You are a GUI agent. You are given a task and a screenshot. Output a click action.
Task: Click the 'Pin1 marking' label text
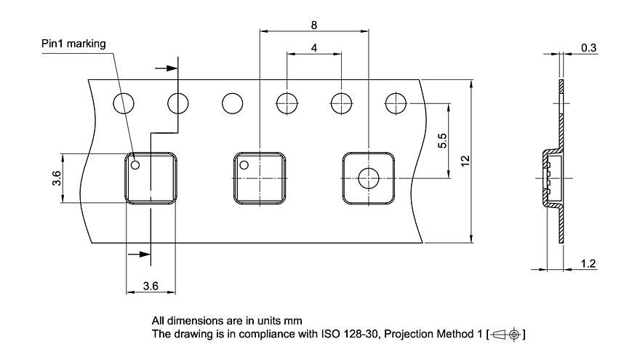pos(73,44)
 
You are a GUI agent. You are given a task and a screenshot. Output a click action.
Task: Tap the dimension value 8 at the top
pos(313,25)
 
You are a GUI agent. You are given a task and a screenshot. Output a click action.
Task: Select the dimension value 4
pos(313,48)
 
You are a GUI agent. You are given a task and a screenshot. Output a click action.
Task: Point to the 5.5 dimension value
pos(443,141)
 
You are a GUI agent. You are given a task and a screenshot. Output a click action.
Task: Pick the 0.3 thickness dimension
pos(588,48)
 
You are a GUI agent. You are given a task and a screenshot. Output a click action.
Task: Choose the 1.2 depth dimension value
pos(588,264)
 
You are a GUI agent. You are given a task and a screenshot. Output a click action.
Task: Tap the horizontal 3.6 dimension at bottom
pos(151,287)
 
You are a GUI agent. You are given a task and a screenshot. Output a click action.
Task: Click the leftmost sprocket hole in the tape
pos(124,103)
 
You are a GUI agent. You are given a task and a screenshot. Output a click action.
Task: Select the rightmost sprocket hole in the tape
pos(396,103)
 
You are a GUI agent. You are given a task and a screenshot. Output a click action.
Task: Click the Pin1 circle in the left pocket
pos(135,165)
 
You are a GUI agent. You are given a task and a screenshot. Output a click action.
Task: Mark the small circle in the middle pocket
pos(244,165)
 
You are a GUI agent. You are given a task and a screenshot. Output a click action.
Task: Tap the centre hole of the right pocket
pos(369,178)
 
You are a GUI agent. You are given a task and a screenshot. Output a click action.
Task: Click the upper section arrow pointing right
pos(169,68)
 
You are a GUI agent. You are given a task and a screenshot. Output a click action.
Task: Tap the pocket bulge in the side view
pos(551,178)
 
